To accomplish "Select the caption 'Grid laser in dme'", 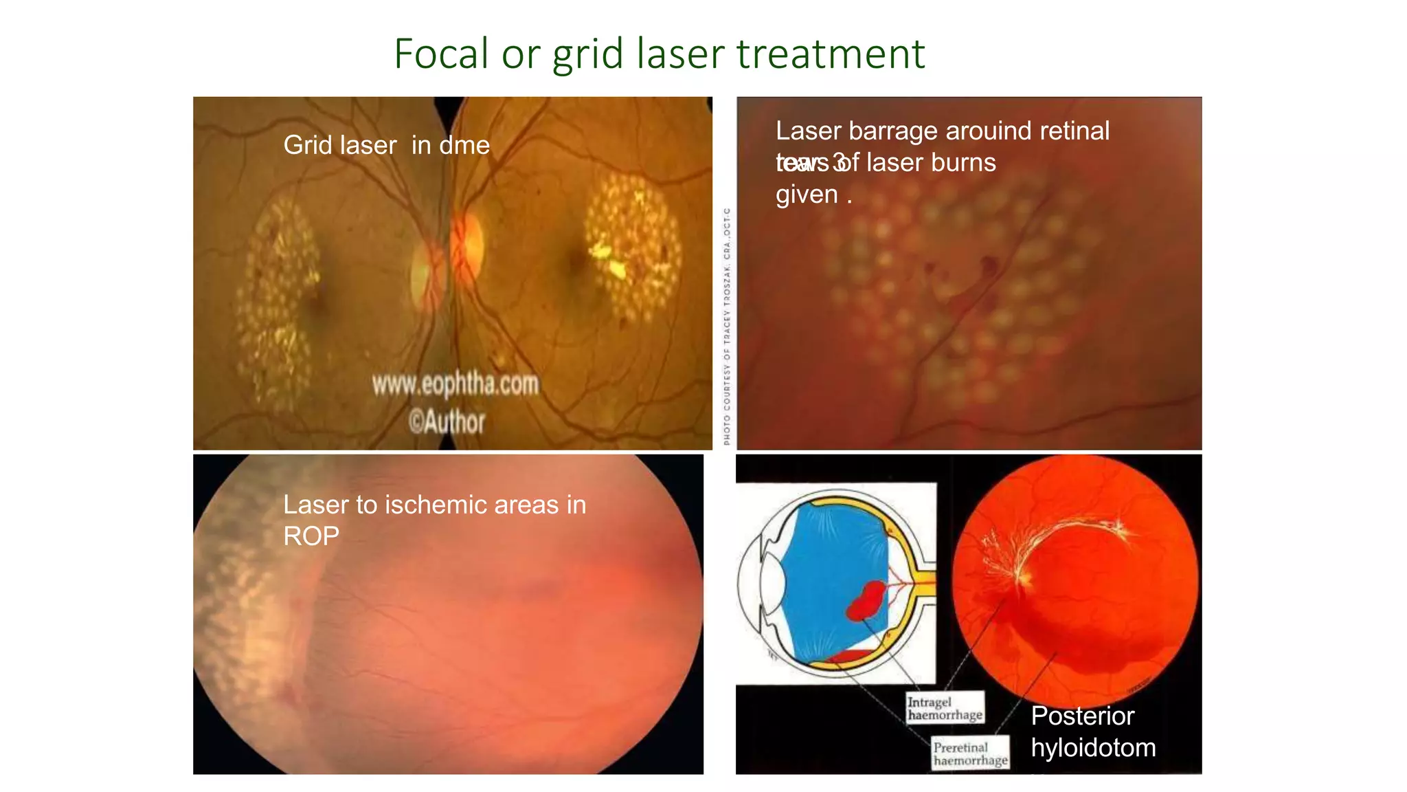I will point(386,145).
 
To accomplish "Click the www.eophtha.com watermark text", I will point(455,384).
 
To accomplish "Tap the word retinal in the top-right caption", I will point(1074,131).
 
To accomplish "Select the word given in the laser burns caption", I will point(807,195).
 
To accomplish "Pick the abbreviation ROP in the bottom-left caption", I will point(311,536).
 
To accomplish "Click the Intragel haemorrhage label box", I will point(945,709).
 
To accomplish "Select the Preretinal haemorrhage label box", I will point(970,753).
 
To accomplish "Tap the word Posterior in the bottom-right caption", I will point(1082,716).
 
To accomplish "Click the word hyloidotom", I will point(1093,747).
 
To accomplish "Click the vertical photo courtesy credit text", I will point(727,326).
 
